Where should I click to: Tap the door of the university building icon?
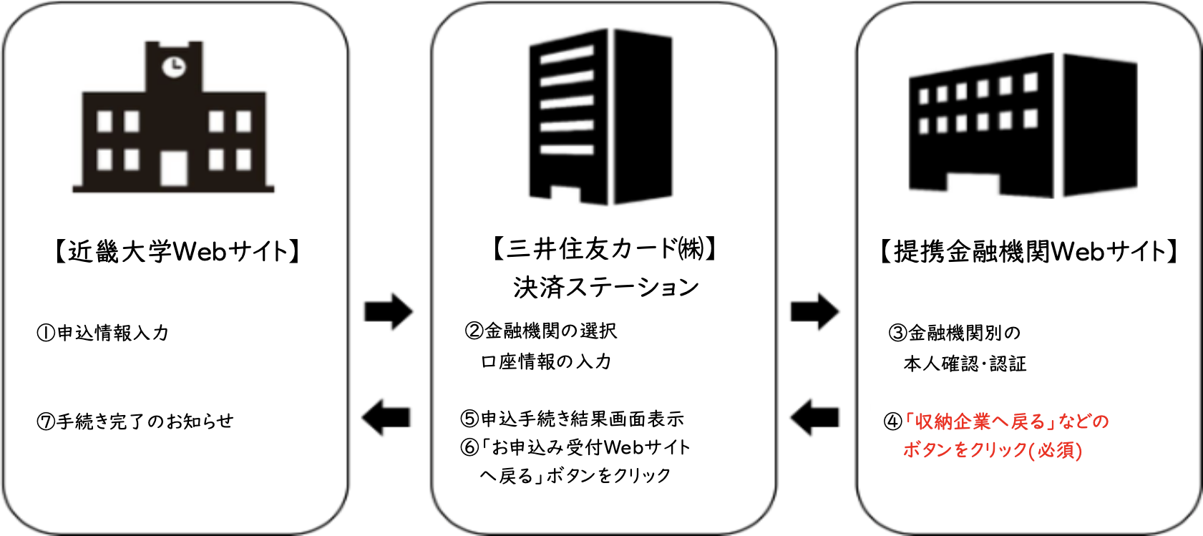(174, 168)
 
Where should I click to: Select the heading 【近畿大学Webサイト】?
(177, 251)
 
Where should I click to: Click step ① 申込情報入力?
(102, 333)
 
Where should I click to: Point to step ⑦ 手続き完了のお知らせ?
(135, 421)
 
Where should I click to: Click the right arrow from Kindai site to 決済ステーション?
(389, 311)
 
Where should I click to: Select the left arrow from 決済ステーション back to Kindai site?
(386, 417)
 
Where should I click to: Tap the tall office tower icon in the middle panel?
(600, 117)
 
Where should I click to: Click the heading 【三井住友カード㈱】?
(604, 248)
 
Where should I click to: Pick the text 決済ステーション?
(606, 288)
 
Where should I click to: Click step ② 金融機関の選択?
(541, 331)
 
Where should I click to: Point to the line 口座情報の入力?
(546, 361)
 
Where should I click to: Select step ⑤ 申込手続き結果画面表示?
(572, 419)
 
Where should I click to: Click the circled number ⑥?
(469, 447)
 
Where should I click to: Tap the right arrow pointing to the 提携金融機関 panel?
(814, 311)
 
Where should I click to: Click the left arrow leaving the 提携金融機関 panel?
(814, 417)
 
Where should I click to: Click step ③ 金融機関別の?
(955, 333)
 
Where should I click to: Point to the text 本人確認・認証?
(965, 364)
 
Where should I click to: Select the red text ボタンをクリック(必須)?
(993, 450)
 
